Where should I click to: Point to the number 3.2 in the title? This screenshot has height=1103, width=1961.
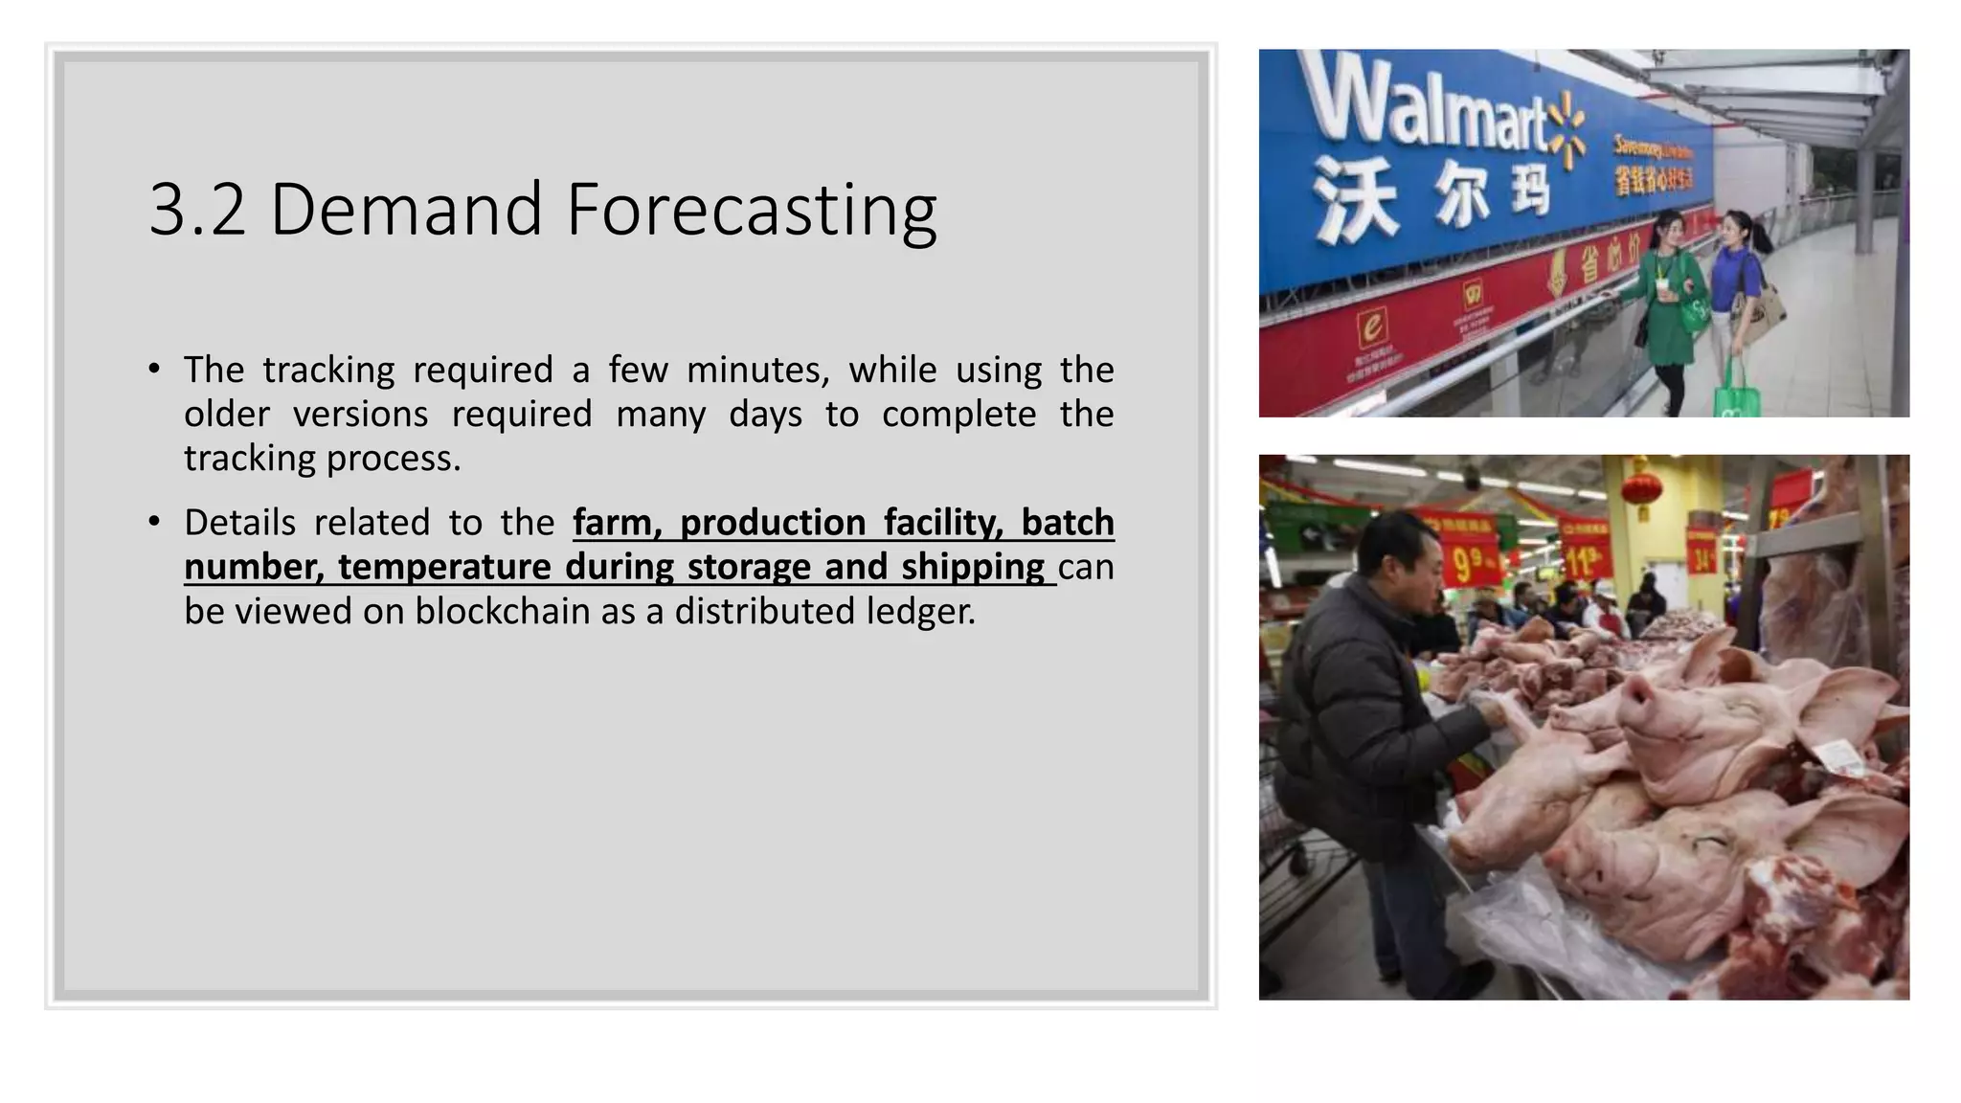pos(197,210)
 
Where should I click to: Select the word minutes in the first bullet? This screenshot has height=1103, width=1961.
pos(757,370)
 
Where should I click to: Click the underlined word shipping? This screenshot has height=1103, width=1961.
pos(973,567)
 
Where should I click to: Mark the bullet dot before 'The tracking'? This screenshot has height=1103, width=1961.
pos(155,369)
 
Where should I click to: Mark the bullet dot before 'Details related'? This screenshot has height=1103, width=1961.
pos(155,522)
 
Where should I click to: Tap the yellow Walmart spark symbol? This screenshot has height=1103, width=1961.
pos(1567,134)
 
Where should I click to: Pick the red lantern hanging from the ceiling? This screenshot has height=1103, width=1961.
pos(1644,487)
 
